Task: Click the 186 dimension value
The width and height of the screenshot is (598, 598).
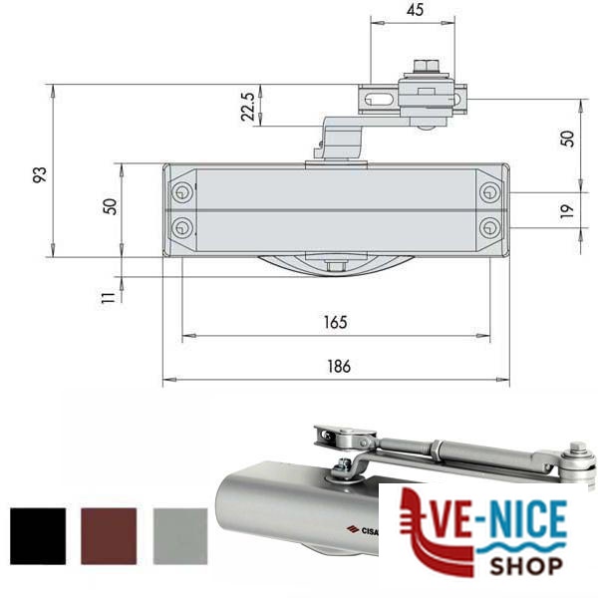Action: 339,366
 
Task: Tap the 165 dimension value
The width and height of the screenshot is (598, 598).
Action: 336,322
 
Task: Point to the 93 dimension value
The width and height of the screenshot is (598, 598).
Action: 40,174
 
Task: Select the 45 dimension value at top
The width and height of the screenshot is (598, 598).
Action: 415,10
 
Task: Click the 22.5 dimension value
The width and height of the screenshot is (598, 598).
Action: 248,107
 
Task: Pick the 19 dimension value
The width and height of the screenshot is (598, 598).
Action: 567,211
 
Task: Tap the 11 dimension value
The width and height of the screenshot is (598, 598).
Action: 108,297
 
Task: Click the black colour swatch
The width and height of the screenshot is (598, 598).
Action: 38,536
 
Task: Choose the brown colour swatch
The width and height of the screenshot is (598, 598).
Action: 109,536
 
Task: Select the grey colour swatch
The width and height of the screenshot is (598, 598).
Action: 180,536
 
